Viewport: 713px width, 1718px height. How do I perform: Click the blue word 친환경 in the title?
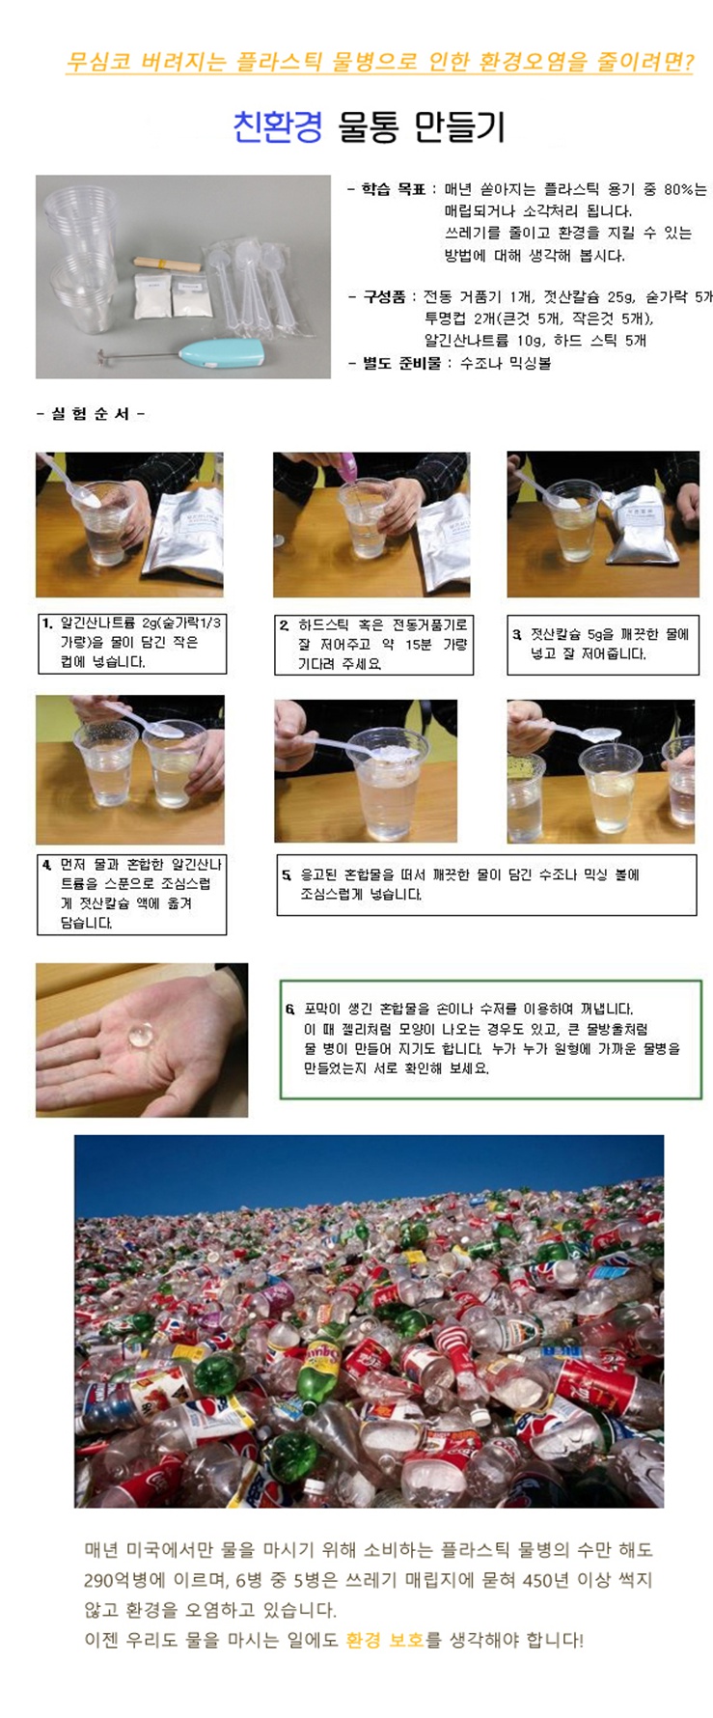click(x=278, y=126)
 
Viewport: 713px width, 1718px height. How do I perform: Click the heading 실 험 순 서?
click(x=90, y=414)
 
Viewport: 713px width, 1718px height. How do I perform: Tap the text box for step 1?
click(x=130, y=643)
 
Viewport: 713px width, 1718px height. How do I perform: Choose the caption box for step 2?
click(x=373, y=644)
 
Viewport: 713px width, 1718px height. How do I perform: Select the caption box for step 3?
click(x=603, y=645)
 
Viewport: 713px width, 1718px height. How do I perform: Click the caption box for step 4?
click(x=131, y=894)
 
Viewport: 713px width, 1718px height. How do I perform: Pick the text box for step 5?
click(x=486, y=884)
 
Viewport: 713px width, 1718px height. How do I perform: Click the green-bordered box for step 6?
click(x=491, y=1039)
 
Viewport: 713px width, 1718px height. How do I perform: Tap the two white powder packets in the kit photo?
click(x=174, y=294)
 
